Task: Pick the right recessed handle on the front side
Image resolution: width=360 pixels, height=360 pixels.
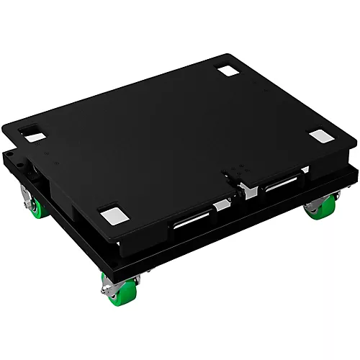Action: (x=286, y=186)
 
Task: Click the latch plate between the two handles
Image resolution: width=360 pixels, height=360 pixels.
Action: (x=238, y=178)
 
